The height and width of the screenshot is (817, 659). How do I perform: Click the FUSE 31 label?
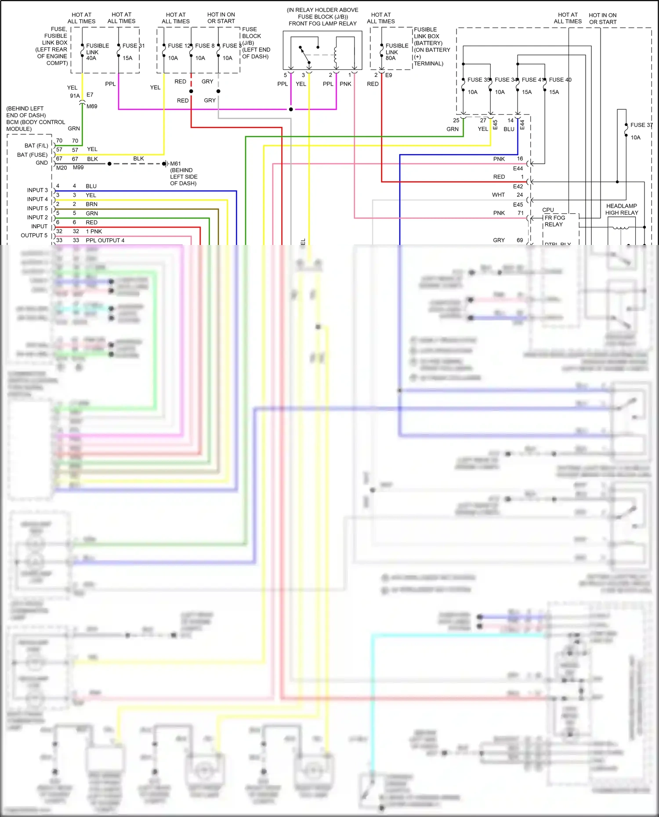133,46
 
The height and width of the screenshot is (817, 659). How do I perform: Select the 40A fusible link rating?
91,58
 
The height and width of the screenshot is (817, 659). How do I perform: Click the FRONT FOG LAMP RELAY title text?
322,24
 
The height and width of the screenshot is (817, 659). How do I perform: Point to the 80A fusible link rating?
391,58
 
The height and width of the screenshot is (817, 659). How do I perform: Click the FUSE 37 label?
641,125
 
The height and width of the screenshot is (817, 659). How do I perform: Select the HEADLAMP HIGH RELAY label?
621,209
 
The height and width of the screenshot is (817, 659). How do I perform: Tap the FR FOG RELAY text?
554,221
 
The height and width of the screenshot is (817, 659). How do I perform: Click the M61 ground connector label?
175,164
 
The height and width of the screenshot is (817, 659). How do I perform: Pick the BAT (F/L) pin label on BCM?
36,146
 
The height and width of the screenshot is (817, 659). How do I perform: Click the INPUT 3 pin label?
37,190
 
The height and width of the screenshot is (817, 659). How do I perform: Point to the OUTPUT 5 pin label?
34,235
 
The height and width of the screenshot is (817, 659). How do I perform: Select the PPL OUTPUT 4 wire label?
105,241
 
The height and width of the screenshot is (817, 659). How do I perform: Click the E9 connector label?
388,76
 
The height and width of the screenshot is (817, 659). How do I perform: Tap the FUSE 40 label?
560,80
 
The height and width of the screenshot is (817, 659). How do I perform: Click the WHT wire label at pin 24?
498,195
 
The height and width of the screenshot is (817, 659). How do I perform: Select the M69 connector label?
92,106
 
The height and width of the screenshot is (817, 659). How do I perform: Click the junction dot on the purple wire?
291,109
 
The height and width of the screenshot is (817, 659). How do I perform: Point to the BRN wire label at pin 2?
91,204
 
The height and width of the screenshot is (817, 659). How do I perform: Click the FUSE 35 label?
478,80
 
